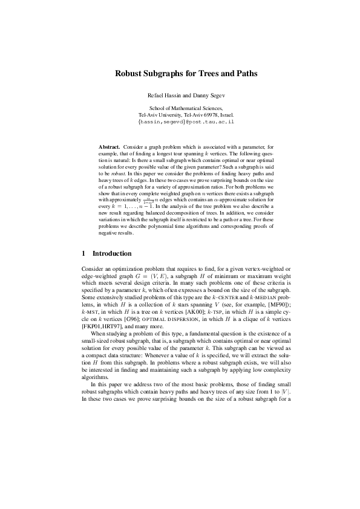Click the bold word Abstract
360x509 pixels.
[109, 147]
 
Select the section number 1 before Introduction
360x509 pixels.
[83, 253]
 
